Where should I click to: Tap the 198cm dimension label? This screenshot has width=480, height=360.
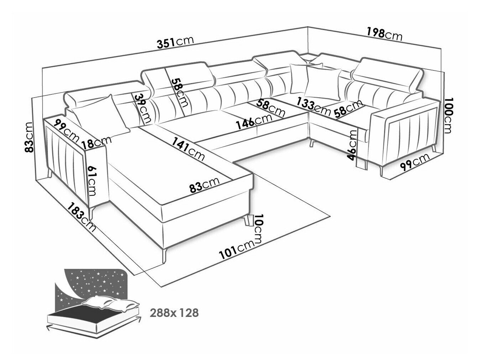pyautogui.click(x=384, y=34)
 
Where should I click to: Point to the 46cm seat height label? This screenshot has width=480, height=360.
pyautogui.click(x=352, y=145)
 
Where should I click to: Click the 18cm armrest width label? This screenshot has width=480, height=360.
pyautogui.click(x=96, y=142)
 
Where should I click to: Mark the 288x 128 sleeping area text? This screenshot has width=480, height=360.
pyautogui.click(x=174, y=313)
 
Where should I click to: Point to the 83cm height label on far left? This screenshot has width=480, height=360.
pyautogui.click(x=29, y=137)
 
